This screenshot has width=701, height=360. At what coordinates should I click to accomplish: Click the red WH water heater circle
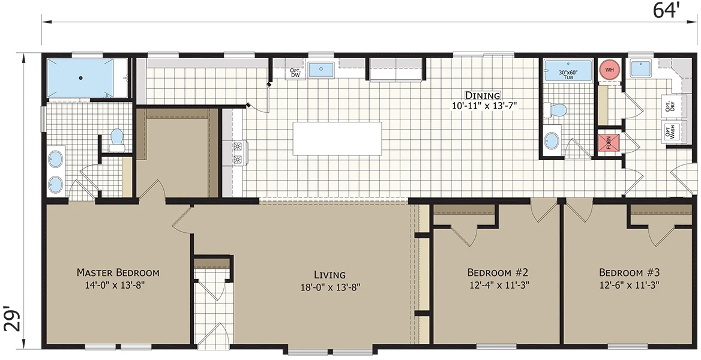click(x=608, y=70)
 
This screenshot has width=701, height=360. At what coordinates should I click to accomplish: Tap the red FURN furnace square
click(x=609, y=143)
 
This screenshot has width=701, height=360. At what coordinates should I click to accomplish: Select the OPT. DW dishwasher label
click(x=295, y=73)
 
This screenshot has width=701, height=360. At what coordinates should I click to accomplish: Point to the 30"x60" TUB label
click(x=568, y=74)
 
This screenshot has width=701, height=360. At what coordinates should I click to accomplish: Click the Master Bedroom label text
click(x=118, y=272)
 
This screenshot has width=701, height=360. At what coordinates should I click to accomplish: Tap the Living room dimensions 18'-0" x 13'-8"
click(x=330, y=287)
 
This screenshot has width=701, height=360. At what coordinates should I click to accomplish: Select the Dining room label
click(x=483, y=95)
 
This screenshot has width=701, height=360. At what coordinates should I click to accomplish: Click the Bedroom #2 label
click(x=499, y=272)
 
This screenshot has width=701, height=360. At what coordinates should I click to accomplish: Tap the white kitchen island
click(x=337, y=139)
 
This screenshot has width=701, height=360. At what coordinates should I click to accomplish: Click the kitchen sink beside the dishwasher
click(x=321, y=70)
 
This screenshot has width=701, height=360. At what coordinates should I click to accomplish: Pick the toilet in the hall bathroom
click(x=555, y=110)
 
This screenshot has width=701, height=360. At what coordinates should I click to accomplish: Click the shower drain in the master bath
click(x=81, y=78)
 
